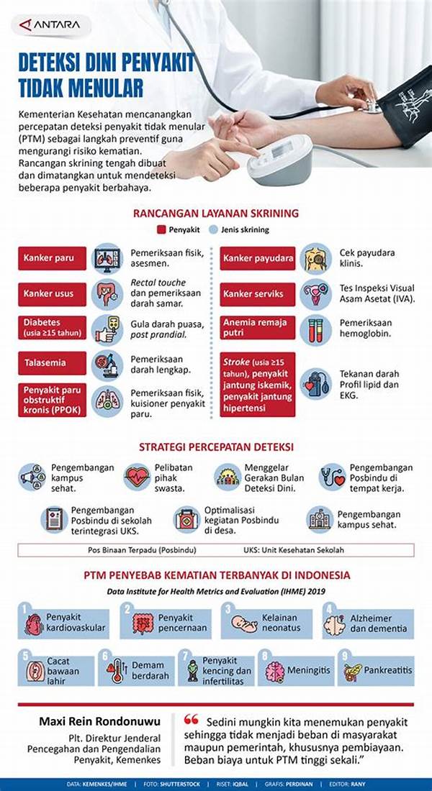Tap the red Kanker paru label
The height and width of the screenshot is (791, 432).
(53, 258)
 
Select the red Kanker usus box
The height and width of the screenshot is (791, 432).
(53, 293)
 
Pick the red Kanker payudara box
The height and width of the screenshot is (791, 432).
(258, 258)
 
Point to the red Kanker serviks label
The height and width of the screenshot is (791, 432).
(258, 293)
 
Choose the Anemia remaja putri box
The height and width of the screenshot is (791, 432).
(258, 329)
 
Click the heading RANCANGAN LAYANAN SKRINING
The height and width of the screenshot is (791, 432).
(216, 214)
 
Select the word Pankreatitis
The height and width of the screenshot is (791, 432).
(387, 670)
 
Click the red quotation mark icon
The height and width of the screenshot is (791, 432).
(191, 720)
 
